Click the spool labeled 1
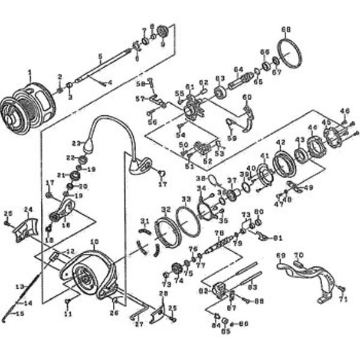click(30, 102)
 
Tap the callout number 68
click(286, 29)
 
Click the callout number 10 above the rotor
click(94, 242)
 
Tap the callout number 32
click(166, 209)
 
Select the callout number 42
click(280, 142)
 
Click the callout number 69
click(281, 256)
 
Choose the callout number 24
click(27, 209)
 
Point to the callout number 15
click(20, 313)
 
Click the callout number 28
click(162, 293)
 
